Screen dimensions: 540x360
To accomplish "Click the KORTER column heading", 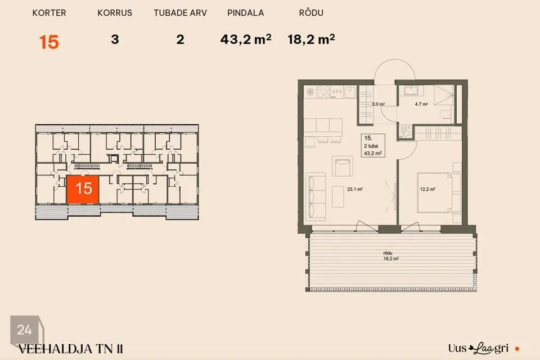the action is tap(49, 13).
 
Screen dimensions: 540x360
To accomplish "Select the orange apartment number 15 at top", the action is tap(49, 42).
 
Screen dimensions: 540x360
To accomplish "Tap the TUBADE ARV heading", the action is tap(180, 13).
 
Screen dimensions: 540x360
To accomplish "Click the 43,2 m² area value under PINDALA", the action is tap(246, 39).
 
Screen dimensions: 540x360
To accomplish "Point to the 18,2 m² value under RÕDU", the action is tap(311, 39).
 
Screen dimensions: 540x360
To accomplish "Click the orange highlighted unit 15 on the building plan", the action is tap(83, 189).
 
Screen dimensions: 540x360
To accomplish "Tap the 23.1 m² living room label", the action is tap(355, 189).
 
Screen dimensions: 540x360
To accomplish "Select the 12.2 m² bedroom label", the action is tap(427, 189).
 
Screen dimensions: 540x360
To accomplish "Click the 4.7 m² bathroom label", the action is tap(421, 103).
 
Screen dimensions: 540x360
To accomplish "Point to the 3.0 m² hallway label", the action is tap(378, 103).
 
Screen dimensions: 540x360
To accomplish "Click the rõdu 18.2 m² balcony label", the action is tap(390, 256).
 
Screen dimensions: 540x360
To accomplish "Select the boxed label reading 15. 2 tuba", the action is tap(372, 145).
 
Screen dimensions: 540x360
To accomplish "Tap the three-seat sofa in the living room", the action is tap(316, 196).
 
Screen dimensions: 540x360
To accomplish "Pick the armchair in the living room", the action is tap(343, 166).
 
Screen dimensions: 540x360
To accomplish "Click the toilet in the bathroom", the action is tap(445, 113).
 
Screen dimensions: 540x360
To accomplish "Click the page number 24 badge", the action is tap(24, 330).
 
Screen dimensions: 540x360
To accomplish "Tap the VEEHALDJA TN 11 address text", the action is tap(70, 349).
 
